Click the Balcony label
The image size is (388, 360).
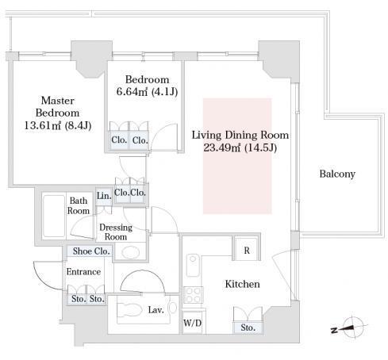[x=337, y=174]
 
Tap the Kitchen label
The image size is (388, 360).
[x=242, y=284]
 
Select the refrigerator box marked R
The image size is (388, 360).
[x=247, y=250]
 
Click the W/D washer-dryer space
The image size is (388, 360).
[x=193, y=323]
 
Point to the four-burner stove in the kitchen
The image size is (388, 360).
[x=194, y=295]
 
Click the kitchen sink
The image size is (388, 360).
[x=193, y=265]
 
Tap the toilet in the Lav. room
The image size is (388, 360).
[x=129, y=309]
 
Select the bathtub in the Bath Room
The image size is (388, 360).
[x=54, y=216]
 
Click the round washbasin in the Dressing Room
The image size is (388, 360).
[x=130, y=253]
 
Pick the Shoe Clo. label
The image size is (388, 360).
[x=91, y=251]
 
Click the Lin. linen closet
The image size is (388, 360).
[x=104, y=197]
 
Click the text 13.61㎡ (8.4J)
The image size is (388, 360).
[x=58, y=125]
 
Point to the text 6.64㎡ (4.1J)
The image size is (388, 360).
[x=147, y=92]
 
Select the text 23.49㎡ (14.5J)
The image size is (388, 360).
[x=240, y=147]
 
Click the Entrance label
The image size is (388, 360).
[x=83, y=272]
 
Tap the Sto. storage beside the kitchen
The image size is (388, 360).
[x=248, y=327]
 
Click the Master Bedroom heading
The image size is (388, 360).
[x=58, y=106]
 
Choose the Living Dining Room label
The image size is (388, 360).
[x=240, y=135]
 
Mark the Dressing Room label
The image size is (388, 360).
[x=116, y=232]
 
